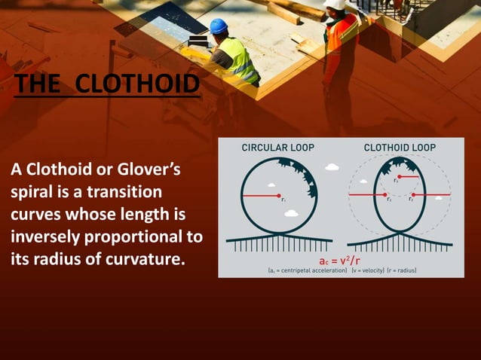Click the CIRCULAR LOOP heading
(277, 147)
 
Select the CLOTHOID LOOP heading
(400, 147)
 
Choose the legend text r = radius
(401, 270)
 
